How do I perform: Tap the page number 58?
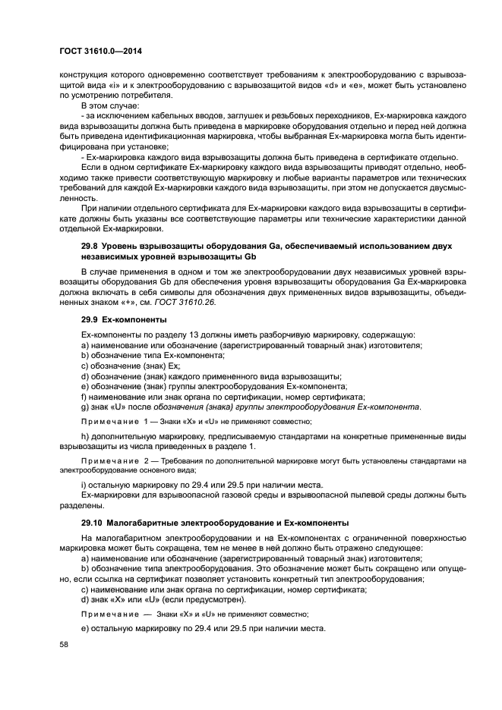pyautogui.click(x=64, y=643)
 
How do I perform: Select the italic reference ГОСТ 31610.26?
pyautogui.click(x=170, y=301)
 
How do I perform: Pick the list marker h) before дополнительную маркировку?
pyautogui.click(x=84, y=436)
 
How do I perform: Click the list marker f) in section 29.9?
pyautogui.click(x=84, y=397)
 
